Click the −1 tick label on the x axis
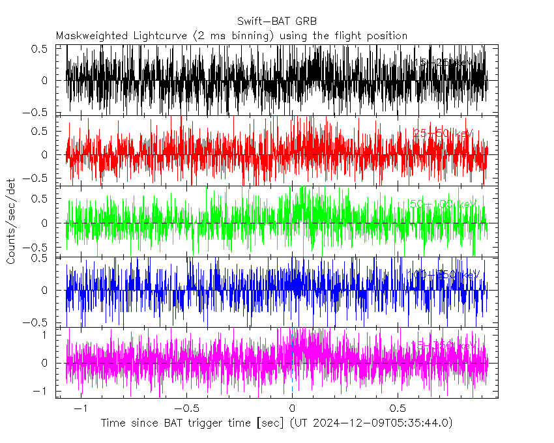pos(81,408)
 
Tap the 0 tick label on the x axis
pos(292,408)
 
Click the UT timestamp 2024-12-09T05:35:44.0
pos(379,423)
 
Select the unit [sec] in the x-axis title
pos(269,423)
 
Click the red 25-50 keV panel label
pos(443,134)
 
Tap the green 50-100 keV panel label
pos(443,205)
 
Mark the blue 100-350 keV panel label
pos(446,275)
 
